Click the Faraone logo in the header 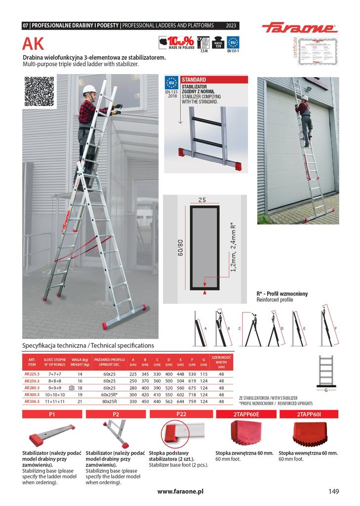[x=299, y=28]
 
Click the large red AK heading [x=33, y=45]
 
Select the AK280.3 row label [x=33, y=388]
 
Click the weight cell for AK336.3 [x=80, y=402]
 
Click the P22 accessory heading [x=181, y=414]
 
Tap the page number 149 [x=333, y=491]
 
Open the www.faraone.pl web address [x=181, y=492]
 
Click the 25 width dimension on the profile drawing [x=201, y=200]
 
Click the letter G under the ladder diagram [x=326, y=390]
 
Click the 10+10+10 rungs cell [x=55, y=395]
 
